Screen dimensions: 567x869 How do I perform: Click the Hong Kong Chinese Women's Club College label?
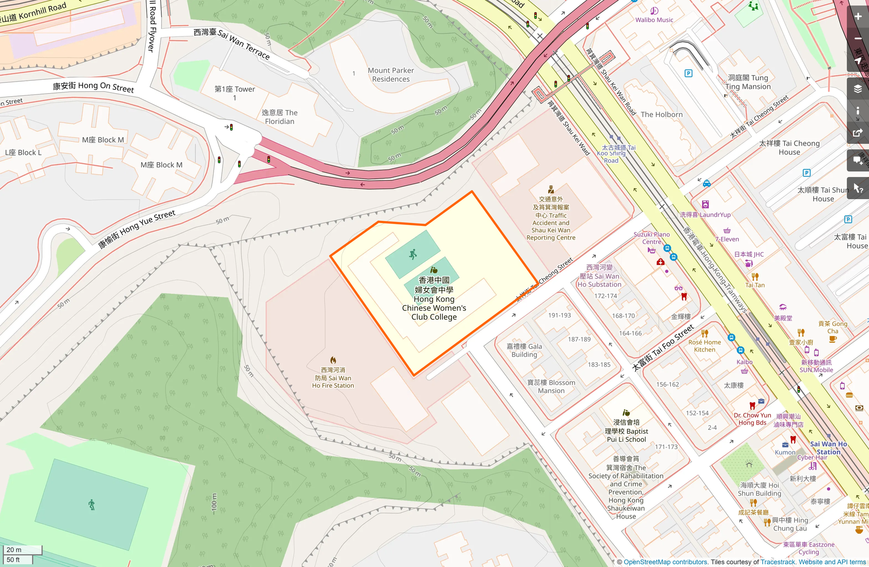pyautogui.click(x=434, y=299)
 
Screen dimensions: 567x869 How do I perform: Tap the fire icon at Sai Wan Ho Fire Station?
pyautogui.click(x=333, y=360)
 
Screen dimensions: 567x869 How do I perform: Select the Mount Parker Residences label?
pyautogui.click(x=391, y=75)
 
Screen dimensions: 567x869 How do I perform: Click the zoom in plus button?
pyautogui.click(x=858, y=17)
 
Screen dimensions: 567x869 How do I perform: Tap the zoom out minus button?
pyautogui.click(x=858, y=39)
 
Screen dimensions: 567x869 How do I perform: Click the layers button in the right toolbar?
pyautogui.click(x=858, y=89)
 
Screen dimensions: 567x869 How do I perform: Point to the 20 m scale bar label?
pyautogui.click(x=14, y=549)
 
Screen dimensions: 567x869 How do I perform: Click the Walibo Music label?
pyautogui.click(x=654, y=20)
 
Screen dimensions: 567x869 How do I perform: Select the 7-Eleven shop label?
pyautogui.click(x=727, y=239)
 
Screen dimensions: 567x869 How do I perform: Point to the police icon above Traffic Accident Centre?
pyautogui.click(x=551, y=189)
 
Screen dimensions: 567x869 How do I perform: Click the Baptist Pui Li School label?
pyautogui.click(x=626, y=431)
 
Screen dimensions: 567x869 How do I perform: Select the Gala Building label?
pyautogui.click(x=524, y=350)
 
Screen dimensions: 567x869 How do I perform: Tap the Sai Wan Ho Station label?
pyautogui.click(x=828, y=448)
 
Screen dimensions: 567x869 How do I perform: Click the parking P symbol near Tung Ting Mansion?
pyautogui.click(x=688, y=73)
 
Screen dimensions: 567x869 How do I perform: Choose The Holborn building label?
pyautogui.click(x=661, y=114)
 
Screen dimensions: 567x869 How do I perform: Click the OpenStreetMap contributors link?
pyautogui.click(x=665, y=562)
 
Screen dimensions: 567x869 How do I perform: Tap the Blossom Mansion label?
pyautogui.click(x=551, y=386)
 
